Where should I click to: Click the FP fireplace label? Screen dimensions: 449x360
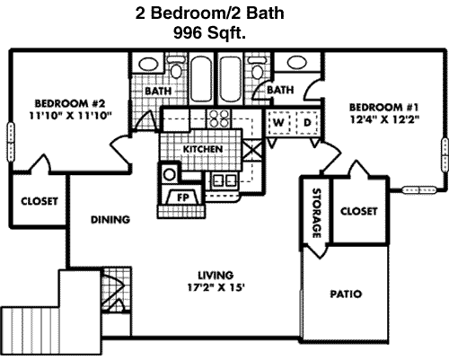[183, 198]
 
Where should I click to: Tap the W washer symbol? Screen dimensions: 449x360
[278, 123]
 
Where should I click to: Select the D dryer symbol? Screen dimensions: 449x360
[307, 123]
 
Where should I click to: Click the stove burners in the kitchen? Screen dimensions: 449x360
[220, 119]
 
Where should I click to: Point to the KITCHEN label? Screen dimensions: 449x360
[203, 149]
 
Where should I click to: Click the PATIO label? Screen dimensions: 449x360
[346, 294]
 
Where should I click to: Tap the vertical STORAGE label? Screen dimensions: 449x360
[316, 213]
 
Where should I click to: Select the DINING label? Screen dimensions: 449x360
[110, 220]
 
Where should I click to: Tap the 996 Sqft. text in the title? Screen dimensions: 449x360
[209, 32]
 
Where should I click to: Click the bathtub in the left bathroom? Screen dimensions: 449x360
[200, 79]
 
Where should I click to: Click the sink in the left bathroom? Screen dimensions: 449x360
[148, 64]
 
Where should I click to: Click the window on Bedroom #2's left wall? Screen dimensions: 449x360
[11, 142]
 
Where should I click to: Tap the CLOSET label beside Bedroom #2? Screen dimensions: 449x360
[40, 201]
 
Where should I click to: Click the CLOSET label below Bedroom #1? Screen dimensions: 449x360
[358, 211]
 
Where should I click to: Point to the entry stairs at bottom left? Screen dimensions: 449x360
[30, 330]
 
